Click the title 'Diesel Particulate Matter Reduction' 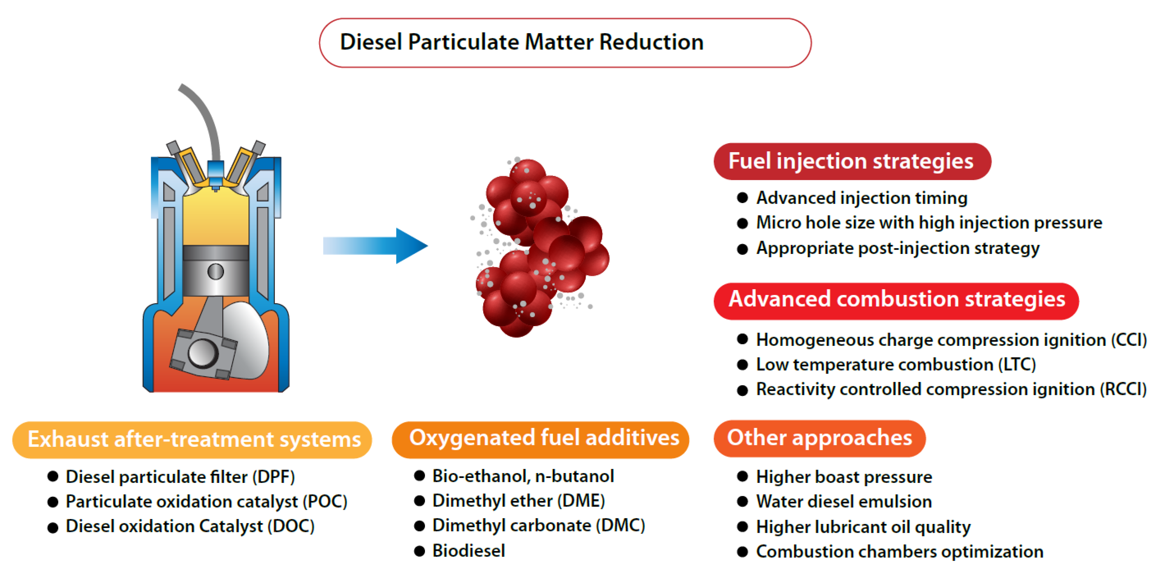522,43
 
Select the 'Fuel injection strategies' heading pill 852,161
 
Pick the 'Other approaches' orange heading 819,438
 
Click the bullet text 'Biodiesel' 469,551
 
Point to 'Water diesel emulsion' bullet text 843,502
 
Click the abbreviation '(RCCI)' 1123,389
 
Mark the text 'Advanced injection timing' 861,198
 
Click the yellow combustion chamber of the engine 216,217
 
